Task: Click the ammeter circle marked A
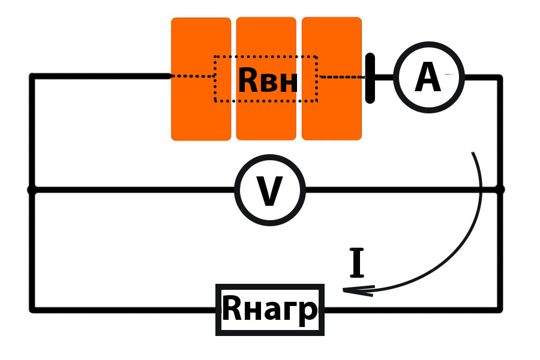428,77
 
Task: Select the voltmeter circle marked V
270,190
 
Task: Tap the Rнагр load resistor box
270,310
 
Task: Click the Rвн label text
267,80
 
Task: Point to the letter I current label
357,263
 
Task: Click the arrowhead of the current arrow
348,291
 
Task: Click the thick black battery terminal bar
371,78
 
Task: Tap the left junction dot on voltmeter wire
32,190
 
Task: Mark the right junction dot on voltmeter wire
500,190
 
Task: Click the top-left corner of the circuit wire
32,76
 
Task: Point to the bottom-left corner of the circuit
32,310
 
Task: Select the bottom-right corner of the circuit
500,310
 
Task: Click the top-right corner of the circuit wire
499,77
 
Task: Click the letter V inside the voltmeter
269,191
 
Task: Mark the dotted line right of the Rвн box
341,77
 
